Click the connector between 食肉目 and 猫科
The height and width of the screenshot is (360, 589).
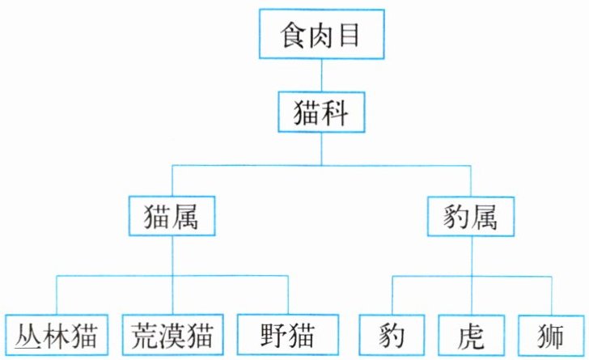click(x=321, y=75)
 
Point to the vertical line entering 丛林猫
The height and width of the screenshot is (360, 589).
click(x=57, y=295)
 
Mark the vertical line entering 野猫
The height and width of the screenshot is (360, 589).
click(x=288, y=295)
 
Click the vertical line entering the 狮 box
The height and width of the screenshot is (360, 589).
click(x=552, y=296)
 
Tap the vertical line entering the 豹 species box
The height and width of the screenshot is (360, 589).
click(x=392, y=296)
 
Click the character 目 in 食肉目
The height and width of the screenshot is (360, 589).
click(x=349, y=35)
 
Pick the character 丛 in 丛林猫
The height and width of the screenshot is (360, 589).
click(x=28, y=336)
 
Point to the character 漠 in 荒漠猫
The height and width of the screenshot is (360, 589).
click(x=173, y=336)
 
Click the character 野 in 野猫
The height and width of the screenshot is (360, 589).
click(x=273, y=336)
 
